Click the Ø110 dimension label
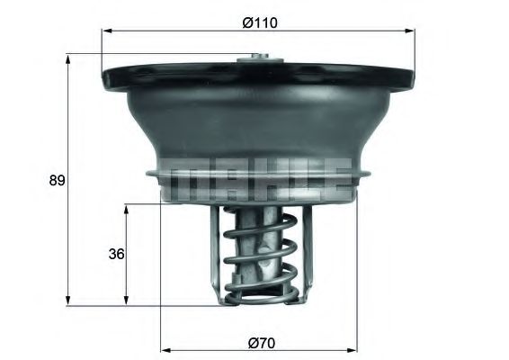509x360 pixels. click(259, 22)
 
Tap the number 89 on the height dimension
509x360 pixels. click(57, 180)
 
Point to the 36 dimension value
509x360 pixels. click(115, 254)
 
